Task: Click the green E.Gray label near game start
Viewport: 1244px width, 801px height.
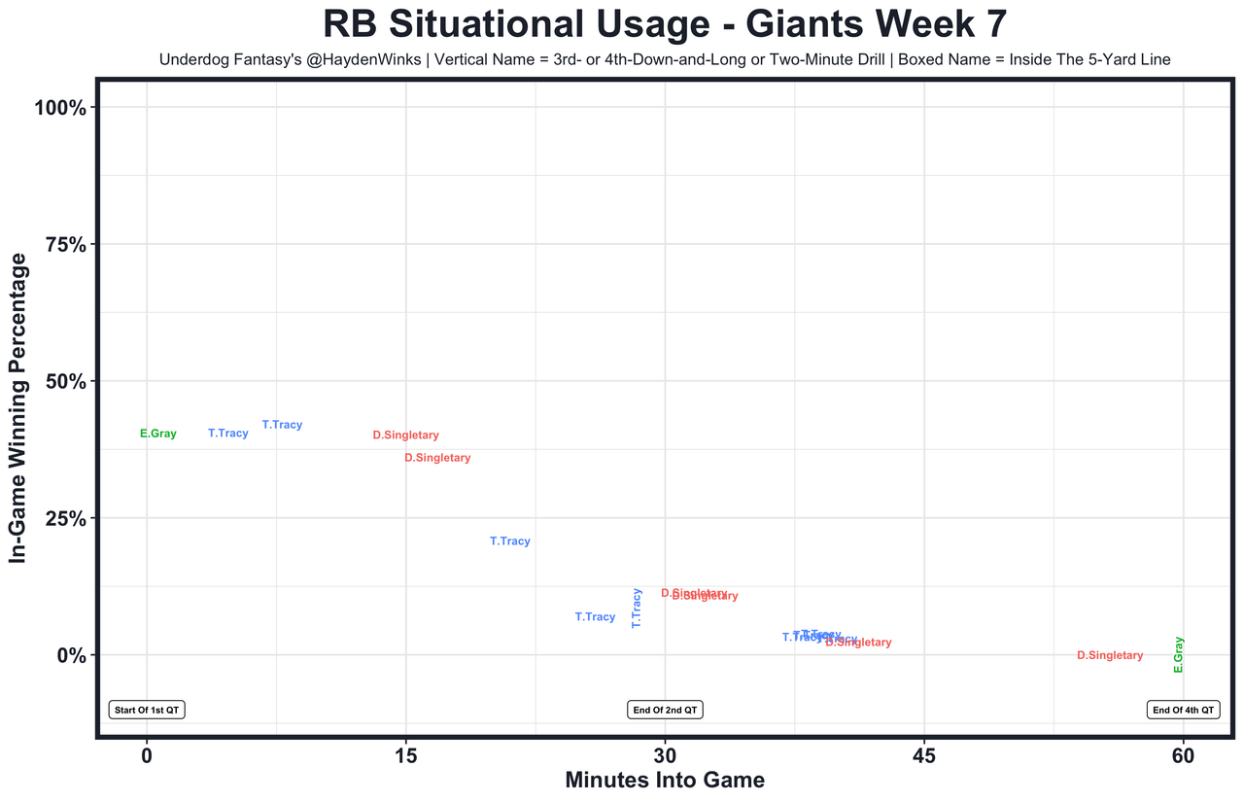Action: pos(158,434)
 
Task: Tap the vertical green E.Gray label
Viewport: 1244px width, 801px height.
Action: pos(1179,654)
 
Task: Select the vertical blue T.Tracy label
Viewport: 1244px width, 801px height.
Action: pos(637,608)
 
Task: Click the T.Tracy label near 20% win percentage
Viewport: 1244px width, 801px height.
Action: pos(510,541)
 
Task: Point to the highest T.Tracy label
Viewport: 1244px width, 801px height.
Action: pos(282,425)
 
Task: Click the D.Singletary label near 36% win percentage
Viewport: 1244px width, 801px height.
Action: pos(437,458)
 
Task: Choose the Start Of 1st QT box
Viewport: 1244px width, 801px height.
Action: pos(147,710)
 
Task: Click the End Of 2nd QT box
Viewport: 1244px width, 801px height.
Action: pos(666,710)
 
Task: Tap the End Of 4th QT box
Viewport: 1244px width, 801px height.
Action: pos(1183,710)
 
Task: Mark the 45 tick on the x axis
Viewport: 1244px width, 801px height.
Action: pos(924,754)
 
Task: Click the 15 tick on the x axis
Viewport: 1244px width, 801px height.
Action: pos(405,754)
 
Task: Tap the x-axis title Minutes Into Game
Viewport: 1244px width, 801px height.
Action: pos(665,781)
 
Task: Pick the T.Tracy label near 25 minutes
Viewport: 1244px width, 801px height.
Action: pos(595,617)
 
